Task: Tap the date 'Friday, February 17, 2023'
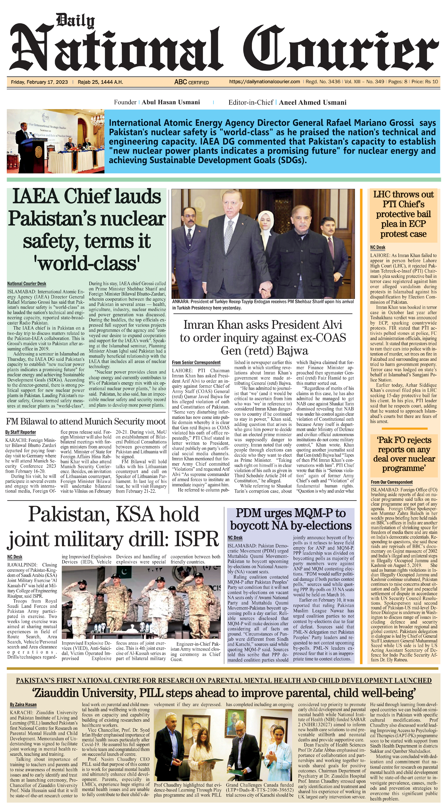(x=39, y=82)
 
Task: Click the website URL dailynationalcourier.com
(x=265, y=82)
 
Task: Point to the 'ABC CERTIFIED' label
(x=192, y=82)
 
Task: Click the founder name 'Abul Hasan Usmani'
(x=171, y=102)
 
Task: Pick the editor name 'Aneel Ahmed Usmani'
(x=313, y=103)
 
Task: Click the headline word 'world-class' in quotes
(x=87, y=263)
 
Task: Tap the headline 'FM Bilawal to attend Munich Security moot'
(x=85, y=421)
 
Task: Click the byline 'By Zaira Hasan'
(x=23, y=704)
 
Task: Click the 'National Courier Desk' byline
(x=27, y=284)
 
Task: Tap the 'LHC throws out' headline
(x=403, y=195)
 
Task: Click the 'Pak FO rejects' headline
(x=404, y=440)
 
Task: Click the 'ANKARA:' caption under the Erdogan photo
(x=180, y=301)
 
